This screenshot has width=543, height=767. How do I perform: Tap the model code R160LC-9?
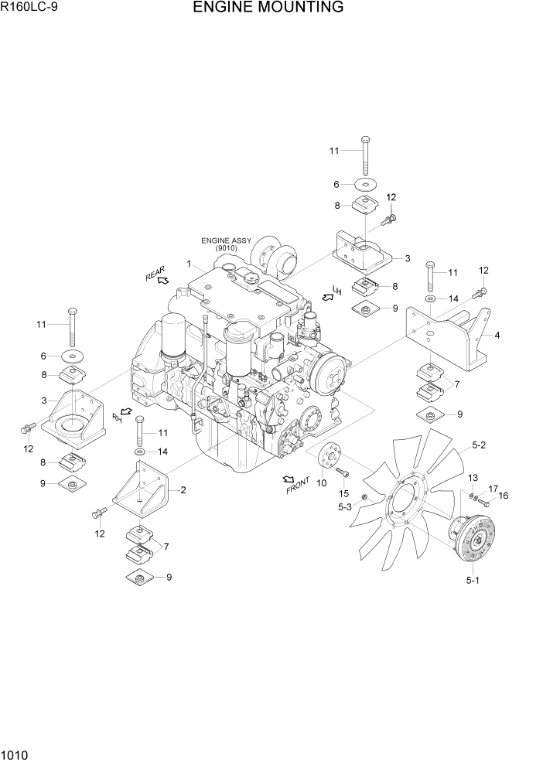tap(29, 9)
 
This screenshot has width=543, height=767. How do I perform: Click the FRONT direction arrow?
tap(289, 480)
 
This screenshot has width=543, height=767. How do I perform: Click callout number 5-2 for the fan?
tap(479, 445)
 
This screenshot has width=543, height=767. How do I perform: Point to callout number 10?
tap(321, 483)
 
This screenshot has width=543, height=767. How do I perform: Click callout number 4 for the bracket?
tap(497, 335)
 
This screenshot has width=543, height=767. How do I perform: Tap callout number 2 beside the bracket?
tap(183, 489)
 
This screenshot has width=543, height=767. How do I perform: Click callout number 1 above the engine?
tap(188, 264)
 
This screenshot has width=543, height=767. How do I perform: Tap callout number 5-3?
tap(344, 507)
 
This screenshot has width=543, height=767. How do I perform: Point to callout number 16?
tap(503, 496)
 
